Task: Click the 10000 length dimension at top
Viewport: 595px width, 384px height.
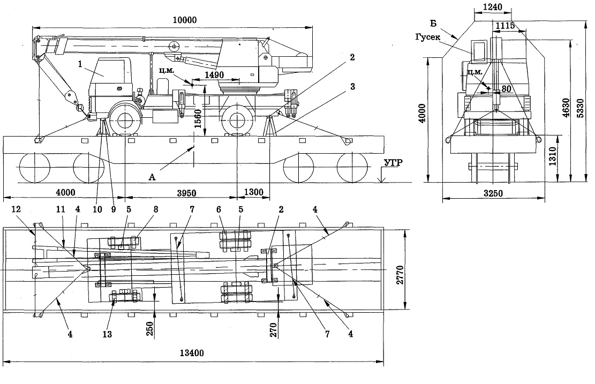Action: [185, 20]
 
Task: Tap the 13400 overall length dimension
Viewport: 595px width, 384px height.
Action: [192, 353]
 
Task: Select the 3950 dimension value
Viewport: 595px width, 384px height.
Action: [187, 193]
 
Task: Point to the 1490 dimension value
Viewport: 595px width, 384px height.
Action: [214, 75]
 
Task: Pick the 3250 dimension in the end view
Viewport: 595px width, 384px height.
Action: [493, 193]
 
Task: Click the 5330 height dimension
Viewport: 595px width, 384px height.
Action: [580, 108]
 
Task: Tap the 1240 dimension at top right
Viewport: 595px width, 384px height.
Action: [493, 7]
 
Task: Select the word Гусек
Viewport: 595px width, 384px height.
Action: [428, 37]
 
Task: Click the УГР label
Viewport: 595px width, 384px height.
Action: [393, 163]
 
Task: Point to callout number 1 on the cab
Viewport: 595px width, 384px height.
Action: [80, 64]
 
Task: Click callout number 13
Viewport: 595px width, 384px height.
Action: [108, 334]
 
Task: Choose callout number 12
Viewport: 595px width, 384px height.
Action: [16, 209]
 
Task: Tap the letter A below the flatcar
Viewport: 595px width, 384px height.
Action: [152, 177]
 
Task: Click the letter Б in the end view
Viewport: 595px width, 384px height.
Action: [433, 24]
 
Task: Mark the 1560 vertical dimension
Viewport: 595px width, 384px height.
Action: [198, 119]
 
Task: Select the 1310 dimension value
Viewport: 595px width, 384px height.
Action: [553, 156]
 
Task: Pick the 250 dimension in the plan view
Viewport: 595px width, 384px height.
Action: [149, 329]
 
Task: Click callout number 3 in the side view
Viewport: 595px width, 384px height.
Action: [352, 87]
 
